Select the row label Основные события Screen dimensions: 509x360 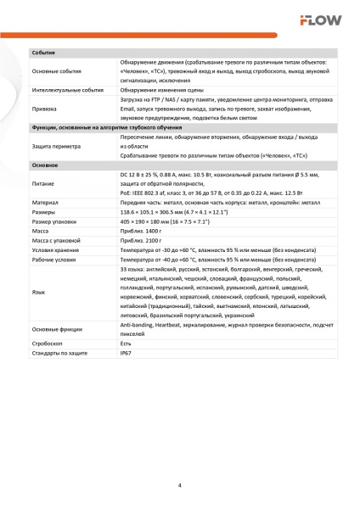point(56,71)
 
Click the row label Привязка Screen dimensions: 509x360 point(44,108)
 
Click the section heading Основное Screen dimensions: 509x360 point(45,164)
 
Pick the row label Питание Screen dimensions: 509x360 point(43,182)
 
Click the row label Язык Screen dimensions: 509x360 point(38,291)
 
